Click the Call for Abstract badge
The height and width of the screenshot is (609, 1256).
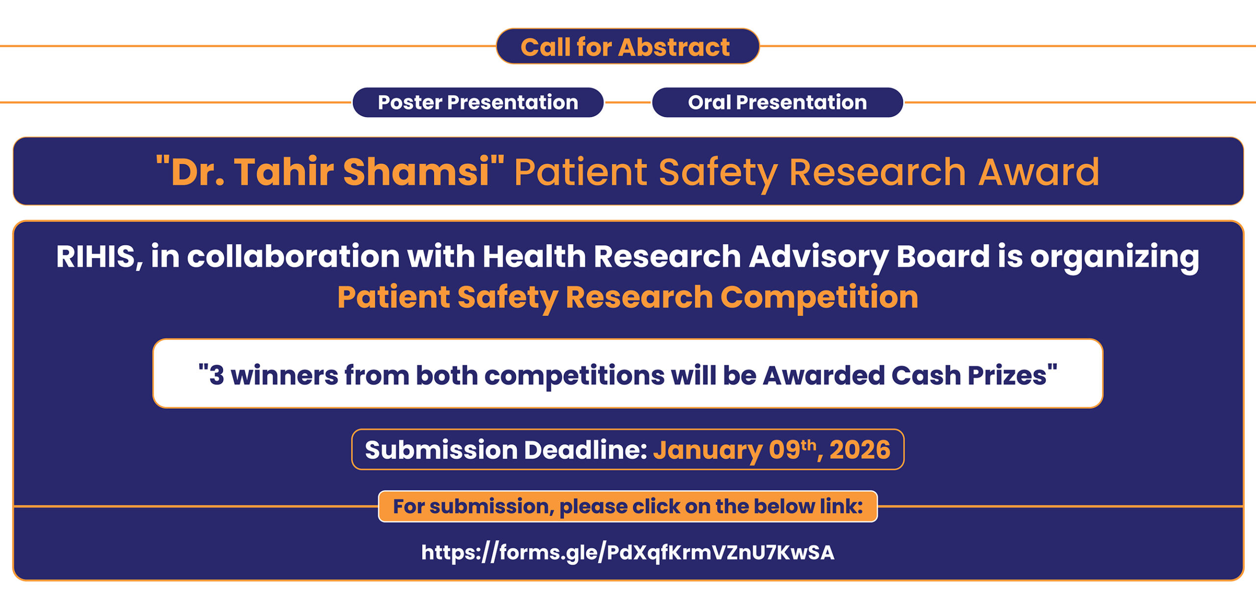click(628, 46)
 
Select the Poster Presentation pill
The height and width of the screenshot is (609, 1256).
click(478, 102)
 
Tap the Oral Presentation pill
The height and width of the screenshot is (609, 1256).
click(777, 102)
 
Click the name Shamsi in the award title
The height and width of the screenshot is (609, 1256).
click(416, 172)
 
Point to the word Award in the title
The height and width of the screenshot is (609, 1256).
click(1039, 172)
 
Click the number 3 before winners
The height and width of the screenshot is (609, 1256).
click(216, 375)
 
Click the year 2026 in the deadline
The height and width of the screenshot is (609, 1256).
click(860, 450)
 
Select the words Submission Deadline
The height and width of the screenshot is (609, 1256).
click(506, 450)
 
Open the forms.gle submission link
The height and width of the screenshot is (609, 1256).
click(628, 553)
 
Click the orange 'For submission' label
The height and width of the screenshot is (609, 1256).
click(628, 506)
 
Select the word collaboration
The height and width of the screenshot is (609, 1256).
click(293, 257)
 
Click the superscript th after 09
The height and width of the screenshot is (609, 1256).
click(808, 445)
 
